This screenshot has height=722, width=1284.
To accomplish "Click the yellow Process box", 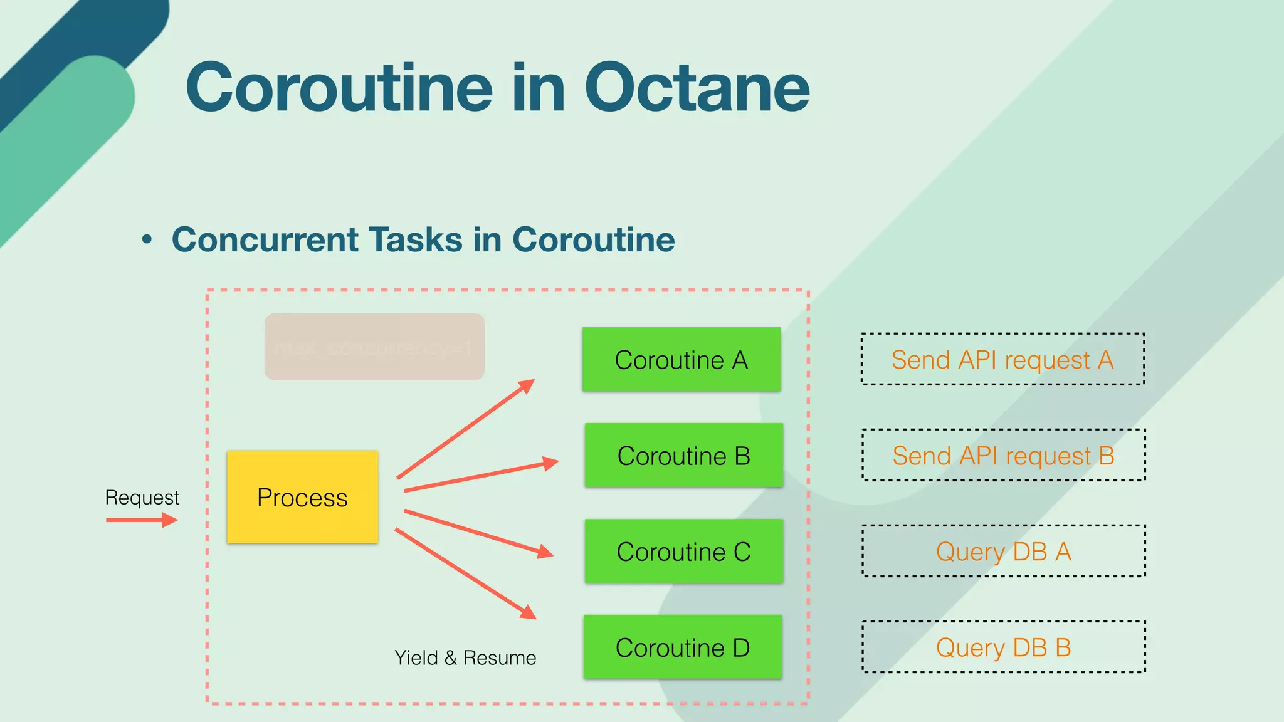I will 302,497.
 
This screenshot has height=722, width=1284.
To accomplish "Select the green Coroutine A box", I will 681,360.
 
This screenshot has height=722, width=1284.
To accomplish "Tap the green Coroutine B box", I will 683,456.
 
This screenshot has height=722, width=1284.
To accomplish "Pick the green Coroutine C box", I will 683,552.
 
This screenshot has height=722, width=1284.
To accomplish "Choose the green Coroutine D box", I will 683,647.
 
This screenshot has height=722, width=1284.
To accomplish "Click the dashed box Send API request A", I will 1002,359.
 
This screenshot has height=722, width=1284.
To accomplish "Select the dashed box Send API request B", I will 1003,455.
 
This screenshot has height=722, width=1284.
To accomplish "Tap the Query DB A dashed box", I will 1003,551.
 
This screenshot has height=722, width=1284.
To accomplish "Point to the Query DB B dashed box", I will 1003,647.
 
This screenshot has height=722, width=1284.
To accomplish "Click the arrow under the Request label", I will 142,520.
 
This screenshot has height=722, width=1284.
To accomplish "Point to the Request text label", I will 142,498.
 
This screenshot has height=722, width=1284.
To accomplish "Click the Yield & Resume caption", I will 465,657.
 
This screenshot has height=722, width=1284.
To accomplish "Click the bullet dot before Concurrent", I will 147,239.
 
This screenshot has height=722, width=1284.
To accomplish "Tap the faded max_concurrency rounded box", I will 374,347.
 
